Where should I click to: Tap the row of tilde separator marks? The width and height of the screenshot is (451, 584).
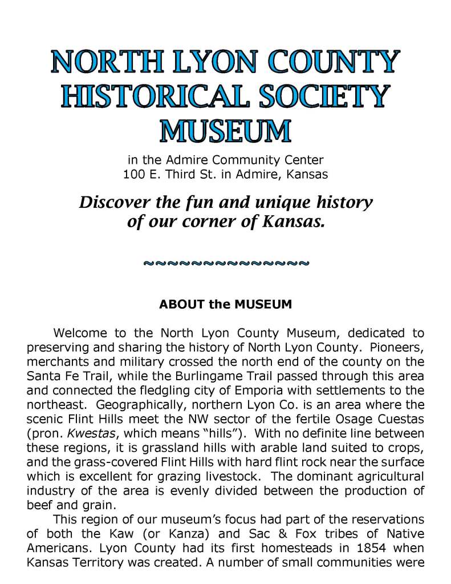click(x=225, y=263)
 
